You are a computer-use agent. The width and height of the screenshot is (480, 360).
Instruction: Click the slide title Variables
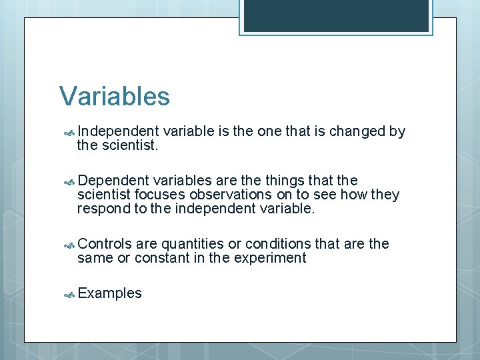click(115, 97)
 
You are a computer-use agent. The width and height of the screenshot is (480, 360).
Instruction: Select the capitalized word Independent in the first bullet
click(117, 131)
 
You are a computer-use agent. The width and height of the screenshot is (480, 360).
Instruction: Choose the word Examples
click(109, 293)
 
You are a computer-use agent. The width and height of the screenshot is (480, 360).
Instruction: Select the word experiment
click(271, 258)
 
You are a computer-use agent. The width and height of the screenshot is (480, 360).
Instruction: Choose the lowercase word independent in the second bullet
click(217, 209)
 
